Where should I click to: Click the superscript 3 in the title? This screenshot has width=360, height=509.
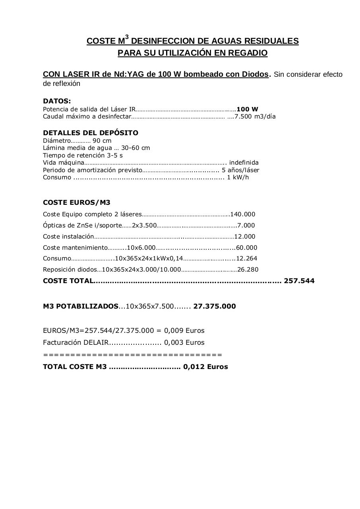point(127,37)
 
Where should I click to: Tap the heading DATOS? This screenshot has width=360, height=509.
point(57,101)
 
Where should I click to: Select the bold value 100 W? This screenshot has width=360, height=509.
point(247,109)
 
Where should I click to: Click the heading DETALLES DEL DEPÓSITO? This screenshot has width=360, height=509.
point(91,133)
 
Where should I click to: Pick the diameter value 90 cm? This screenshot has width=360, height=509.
point(102,140)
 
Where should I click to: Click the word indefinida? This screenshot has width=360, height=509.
point(244,162)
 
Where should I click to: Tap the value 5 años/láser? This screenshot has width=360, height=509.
point(240,170)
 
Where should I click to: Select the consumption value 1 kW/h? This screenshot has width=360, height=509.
point(238,177)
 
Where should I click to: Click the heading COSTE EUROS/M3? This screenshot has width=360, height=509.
point(77,202)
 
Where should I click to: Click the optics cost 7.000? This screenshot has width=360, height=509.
point(246,225)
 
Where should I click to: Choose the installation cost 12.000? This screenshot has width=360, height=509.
point(245,237)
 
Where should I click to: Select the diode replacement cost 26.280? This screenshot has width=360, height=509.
point(248,270)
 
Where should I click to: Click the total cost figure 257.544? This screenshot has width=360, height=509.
point(299,281)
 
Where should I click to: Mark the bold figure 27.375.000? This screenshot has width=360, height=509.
point(215,306)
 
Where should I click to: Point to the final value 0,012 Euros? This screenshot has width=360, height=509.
point(205,367)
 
